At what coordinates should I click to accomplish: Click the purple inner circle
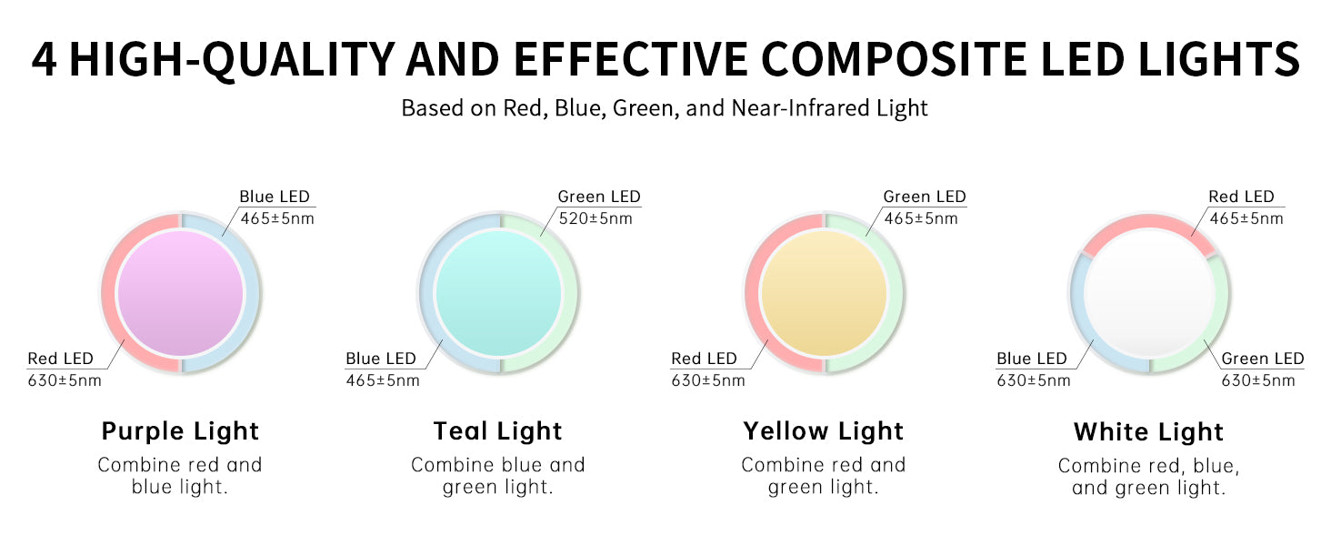(181, 293)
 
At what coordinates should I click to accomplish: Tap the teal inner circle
(498, 293)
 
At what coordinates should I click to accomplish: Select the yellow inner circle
(825, 293)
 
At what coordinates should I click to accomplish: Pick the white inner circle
(1149, 293)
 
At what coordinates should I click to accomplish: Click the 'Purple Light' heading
(180, 431)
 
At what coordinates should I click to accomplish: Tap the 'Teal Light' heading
(498, 431)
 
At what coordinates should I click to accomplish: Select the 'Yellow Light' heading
(824, 431)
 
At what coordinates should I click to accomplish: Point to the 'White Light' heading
(1148, 432)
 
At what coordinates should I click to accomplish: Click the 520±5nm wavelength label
(595, 218)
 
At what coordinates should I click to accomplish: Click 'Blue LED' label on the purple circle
(275, 197)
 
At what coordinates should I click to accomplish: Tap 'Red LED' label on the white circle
(1241, 197)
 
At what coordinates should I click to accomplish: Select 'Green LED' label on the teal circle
(599, 197)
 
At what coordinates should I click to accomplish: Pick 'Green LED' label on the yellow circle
(925, 197)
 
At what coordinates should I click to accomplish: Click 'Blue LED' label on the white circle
(1032, 359)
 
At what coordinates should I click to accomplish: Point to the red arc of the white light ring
(1149, 221)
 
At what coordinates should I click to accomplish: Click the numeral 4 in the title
(45, 59)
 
